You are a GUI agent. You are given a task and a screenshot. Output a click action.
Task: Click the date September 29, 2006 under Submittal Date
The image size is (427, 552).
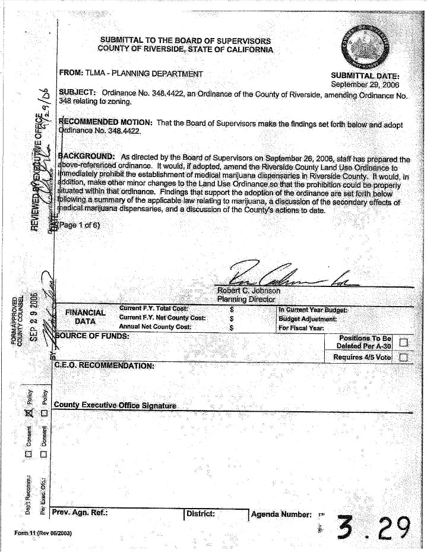[365, 84]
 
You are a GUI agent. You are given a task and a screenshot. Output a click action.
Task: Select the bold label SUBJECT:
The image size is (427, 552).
[78, 93]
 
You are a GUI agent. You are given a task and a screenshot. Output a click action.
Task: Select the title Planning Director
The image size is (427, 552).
[243, 299]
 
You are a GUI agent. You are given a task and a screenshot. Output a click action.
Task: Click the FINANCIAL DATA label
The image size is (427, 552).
[86, 317]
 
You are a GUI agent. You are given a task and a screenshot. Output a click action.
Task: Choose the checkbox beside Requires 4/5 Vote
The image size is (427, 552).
[404, 357]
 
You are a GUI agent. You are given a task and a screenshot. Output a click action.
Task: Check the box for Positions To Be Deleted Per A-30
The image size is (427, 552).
[404, 342]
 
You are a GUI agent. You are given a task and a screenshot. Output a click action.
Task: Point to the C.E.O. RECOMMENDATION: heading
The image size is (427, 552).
[104, 364]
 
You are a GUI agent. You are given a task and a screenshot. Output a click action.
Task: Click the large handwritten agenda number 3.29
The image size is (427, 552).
[374, 526]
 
